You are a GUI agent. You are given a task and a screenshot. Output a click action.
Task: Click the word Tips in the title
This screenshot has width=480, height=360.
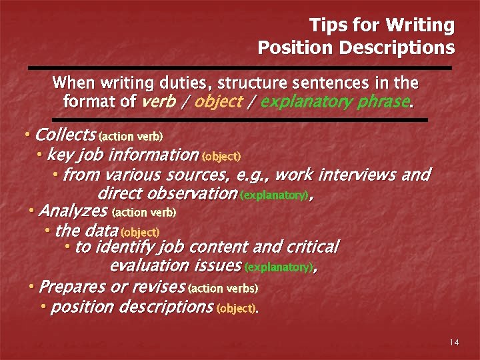(326, 26)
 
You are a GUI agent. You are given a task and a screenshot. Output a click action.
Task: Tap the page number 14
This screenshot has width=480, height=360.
(454, 343)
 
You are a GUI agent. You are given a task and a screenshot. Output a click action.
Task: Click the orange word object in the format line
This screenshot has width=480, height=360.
(221, 103)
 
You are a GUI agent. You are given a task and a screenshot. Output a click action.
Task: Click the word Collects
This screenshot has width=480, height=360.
(65, 135)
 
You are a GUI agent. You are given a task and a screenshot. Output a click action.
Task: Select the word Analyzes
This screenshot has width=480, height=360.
(74, 211)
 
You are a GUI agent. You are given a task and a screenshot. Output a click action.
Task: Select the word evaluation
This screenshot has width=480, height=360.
(149, 266)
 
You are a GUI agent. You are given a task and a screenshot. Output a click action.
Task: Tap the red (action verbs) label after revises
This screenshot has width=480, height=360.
(223, 289)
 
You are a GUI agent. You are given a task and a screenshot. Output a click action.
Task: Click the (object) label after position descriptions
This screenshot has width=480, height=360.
(236, 309)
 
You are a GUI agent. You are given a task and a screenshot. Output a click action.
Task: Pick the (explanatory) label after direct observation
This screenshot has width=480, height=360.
(273, 196)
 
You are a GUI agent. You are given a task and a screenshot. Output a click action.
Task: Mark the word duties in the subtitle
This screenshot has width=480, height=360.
(181, 83)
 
